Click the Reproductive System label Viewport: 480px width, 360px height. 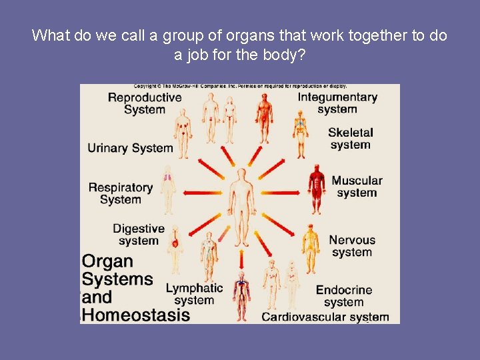(145, 103)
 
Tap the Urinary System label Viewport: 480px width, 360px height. (130, 148)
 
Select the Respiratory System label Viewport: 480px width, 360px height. (121, 193)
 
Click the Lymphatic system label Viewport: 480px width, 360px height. (194, 294)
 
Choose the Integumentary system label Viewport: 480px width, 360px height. (337, 103)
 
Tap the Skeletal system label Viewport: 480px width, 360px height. (350, 139)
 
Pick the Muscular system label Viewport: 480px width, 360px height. (357, 187)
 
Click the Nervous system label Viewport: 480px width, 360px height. (352, 246)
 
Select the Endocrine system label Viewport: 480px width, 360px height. (344, 296)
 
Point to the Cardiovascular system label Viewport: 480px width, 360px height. (325, 317)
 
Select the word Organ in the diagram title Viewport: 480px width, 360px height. (107, 261)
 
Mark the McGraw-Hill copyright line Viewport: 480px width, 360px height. (240, 86)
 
